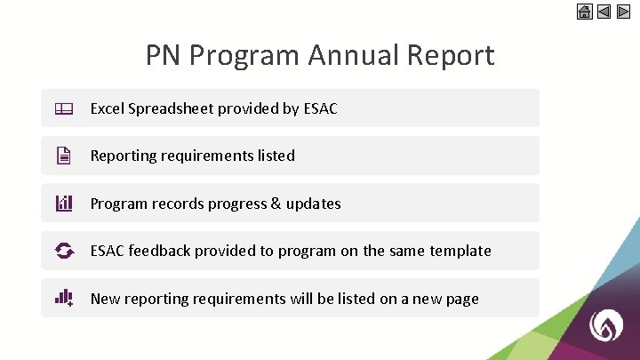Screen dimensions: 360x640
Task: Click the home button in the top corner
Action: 584,12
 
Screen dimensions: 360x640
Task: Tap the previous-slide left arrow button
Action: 604,12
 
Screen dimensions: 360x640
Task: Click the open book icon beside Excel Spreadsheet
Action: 63,108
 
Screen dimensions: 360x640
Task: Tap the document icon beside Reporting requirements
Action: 63,156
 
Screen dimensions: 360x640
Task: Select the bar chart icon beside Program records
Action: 63,204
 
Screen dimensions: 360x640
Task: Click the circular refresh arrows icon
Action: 63,251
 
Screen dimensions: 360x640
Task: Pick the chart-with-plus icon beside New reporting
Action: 63,298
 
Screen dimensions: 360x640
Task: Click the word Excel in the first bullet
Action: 107,108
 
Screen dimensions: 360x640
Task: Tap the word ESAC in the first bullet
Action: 319,108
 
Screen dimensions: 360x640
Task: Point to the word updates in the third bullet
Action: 313,204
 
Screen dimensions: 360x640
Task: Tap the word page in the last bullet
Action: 460,299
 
